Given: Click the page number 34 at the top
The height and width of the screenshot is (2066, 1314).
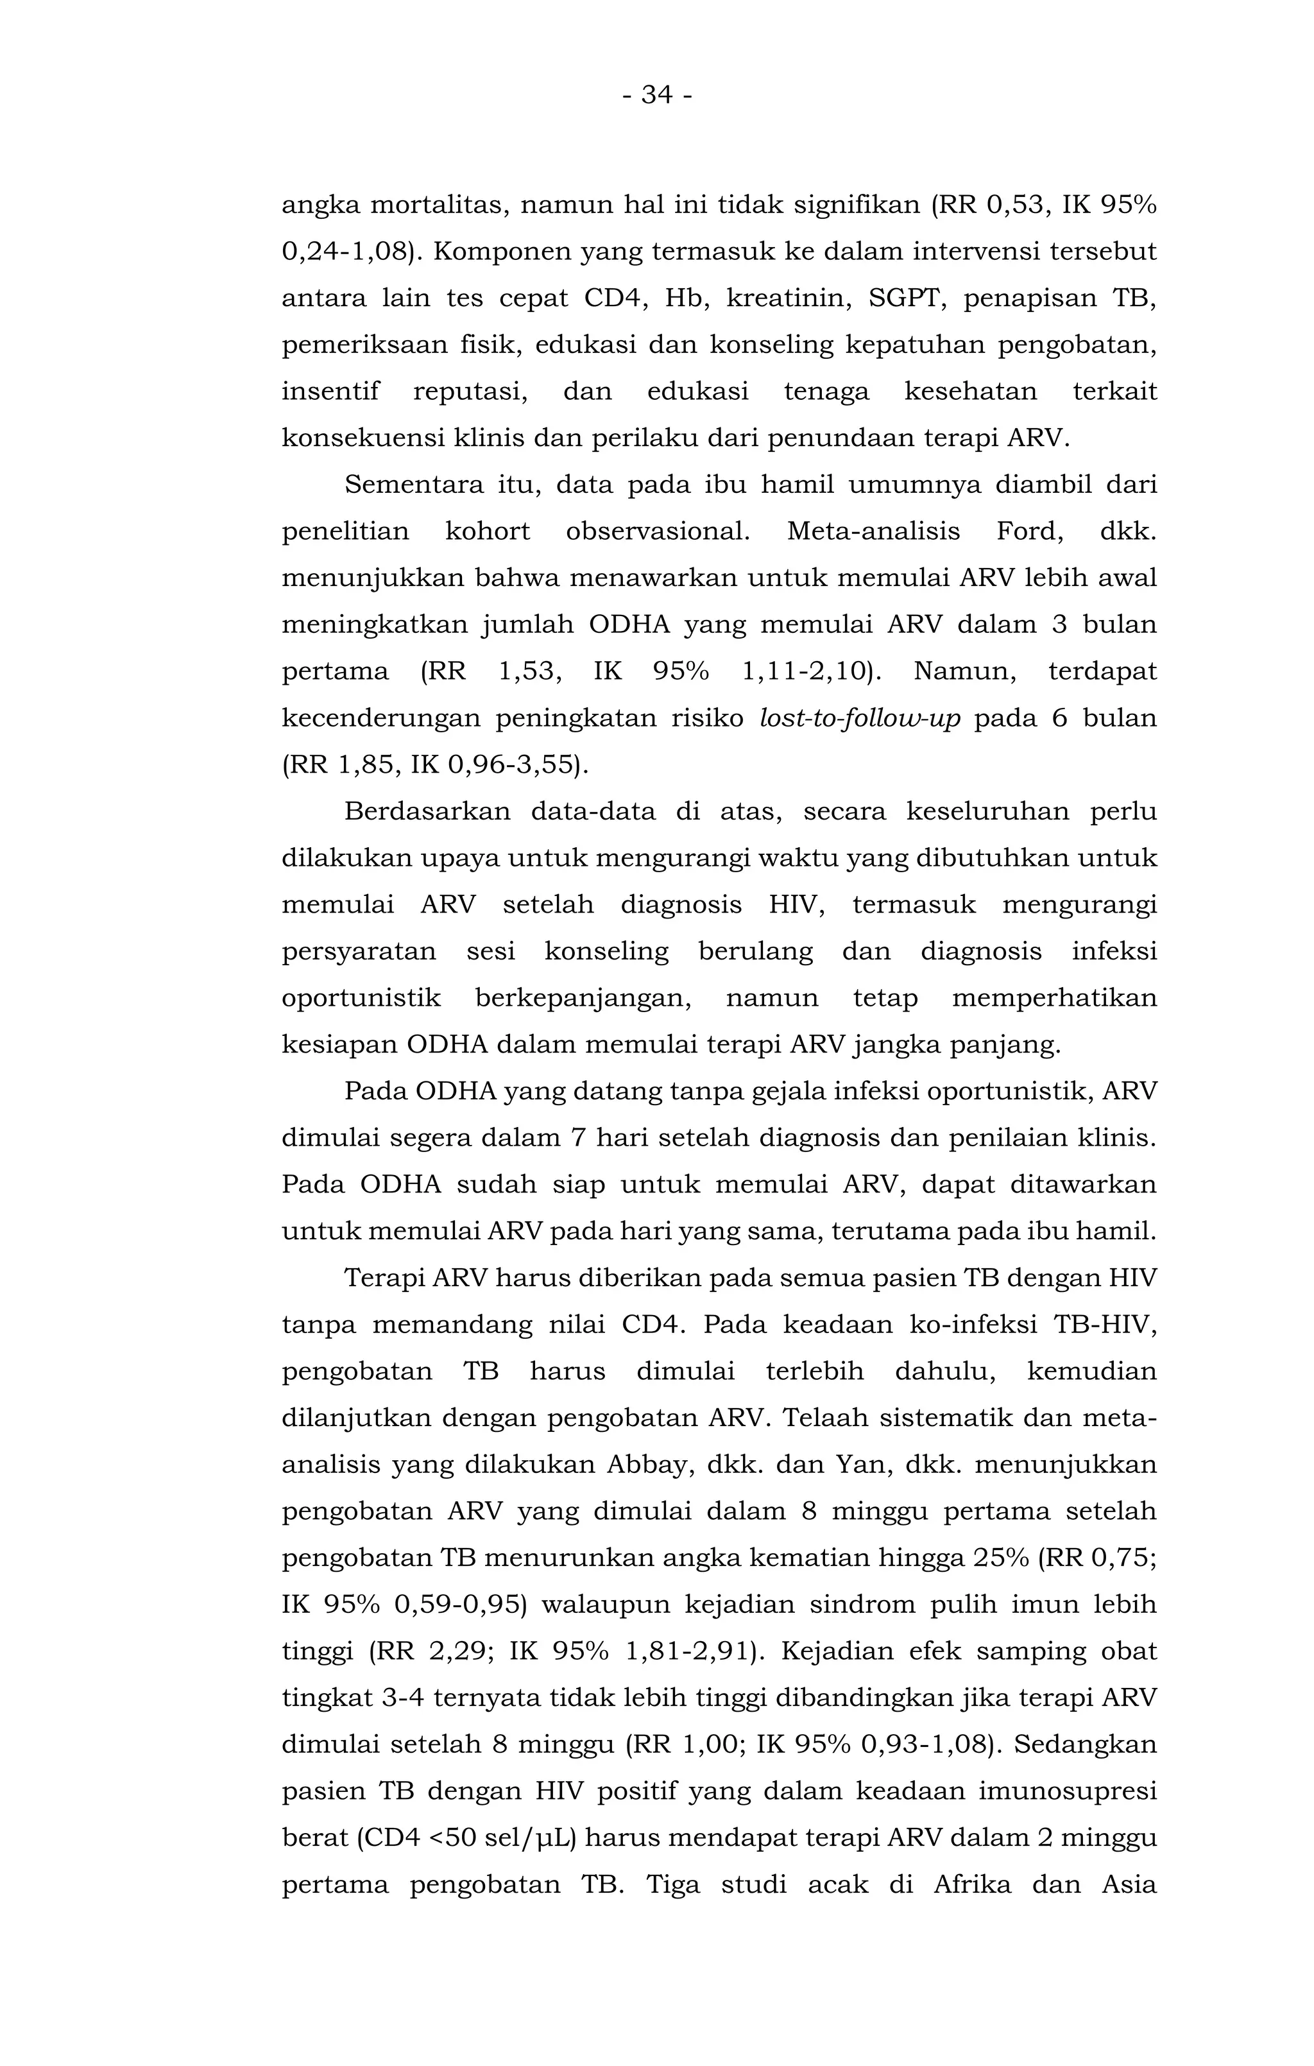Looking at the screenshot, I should [656, 95].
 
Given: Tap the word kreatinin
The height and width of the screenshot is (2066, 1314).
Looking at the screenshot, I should [785, 298].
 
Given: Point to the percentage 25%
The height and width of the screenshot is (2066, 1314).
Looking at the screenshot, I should [1000, 1558].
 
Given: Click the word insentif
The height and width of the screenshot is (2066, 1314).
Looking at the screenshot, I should [330, 392].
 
